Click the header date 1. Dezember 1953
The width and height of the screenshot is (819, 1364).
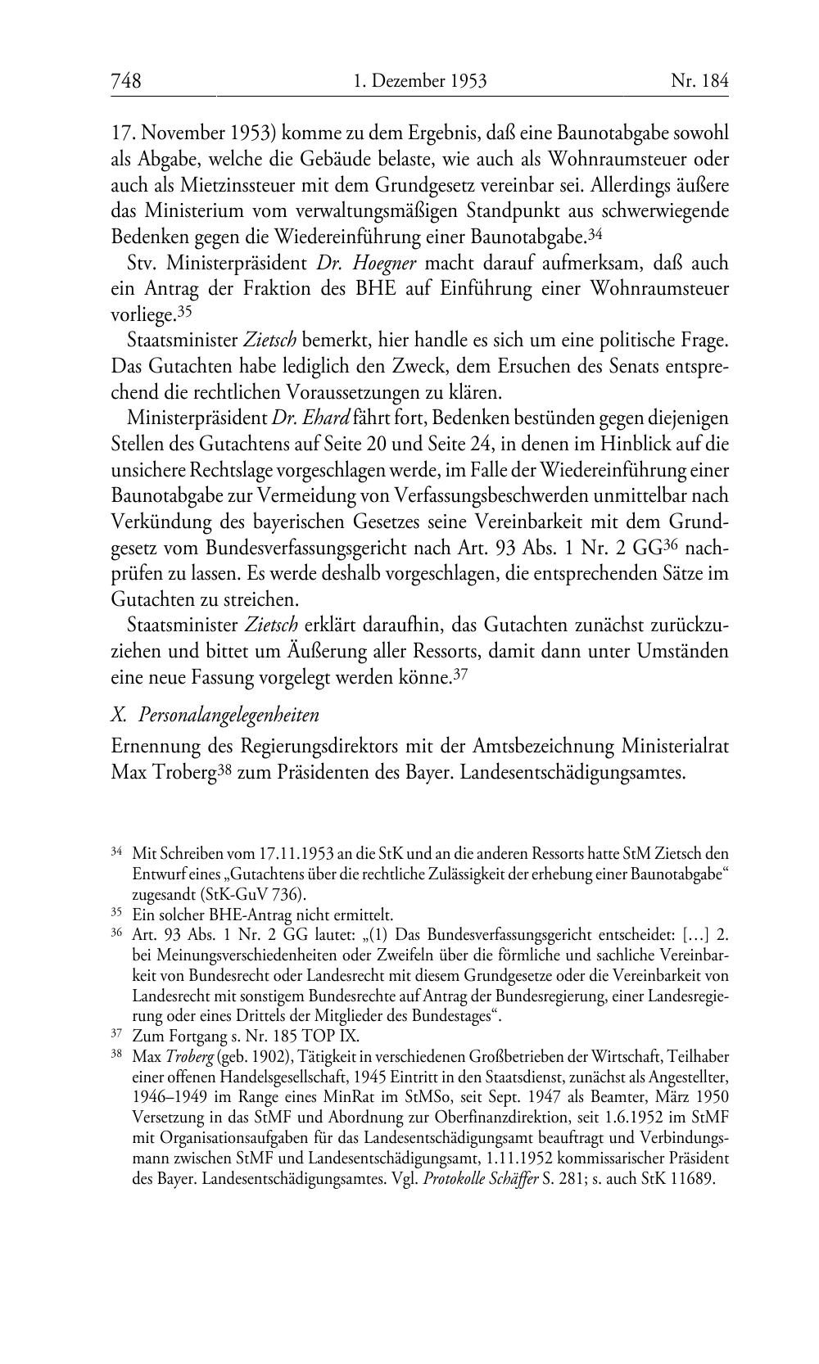click(x=420, y=80)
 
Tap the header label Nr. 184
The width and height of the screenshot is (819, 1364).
click(x=699, y=80)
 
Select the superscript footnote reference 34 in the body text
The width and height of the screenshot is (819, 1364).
click(x=595, y=233)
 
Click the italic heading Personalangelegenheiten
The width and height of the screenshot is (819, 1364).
click(x=229, y=715)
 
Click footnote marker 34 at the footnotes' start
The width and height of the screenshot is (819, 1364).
click(x=116, y=853)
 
